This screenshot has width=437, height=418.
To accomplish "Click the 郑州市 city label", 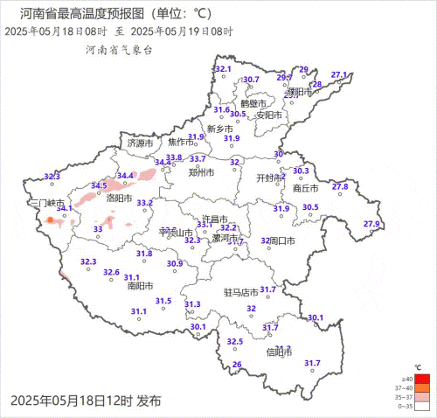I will coord(201,173).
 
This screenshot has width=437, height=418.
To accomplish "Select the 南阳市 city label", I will coord(140,286).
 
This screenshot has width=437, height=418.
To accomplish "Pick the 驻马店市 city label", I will coord(241,291).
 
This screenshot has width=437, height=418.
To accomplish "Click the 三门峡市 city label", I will coord(46,203).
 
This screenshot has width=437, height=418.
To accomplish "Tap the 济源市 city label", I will coord(140,143).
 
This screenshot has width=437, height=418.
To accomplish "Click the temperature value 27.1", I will coord(339,74).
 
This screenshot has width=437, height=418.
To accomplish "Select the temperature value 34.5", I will coord(99,185).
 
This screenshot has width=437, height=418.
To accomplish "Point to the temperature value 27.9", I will coord(371,225).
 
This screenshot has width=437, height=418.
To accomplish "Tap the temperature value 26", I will coord(236,365).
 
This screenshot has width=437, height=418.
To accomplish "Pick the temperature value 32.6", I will coord(111,273).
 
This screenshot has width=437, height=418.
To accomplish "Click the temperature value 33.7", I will coord(198,158).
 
